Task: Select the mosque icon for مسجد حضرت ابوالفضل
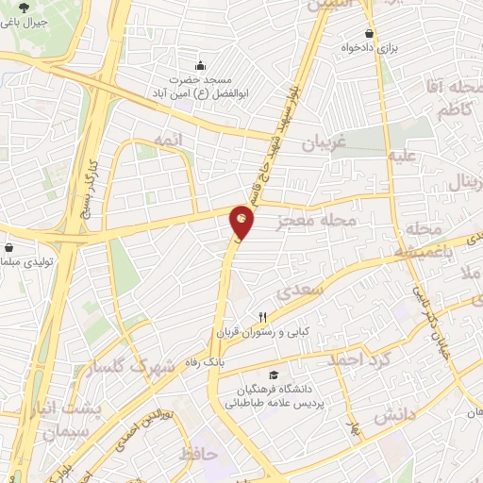[x=199, y=66]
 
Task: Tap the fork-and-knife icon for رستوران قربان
[x=265, y=318]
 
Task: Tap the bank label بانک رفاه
[x=236, y=360]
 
